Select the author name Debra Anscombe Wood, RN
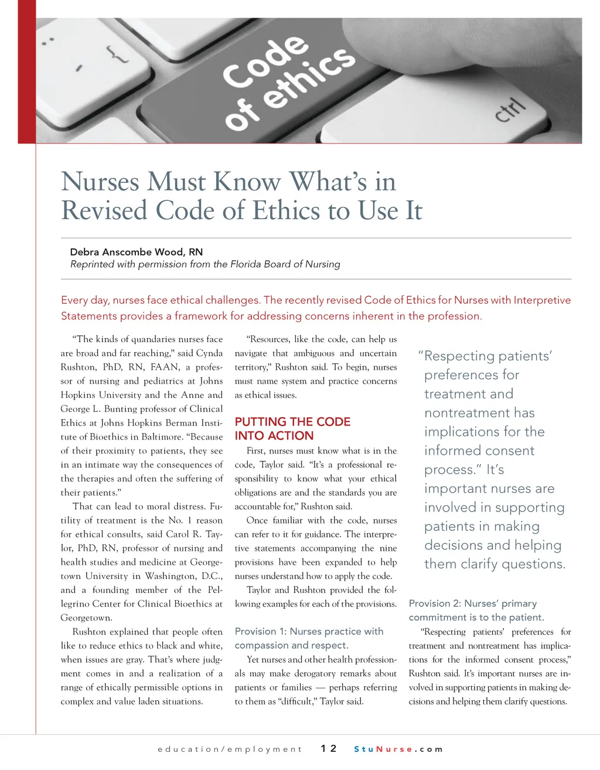pos(136,252)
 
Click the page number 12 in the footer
pos(329,748)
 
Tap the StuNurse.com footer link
pos(398,749)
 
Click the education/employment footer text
pos(230,749)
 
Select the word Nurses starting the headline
pos(100,181)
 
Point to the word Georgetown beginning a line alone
pos(86,618)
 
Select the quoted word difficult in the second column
pos(297,701)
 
